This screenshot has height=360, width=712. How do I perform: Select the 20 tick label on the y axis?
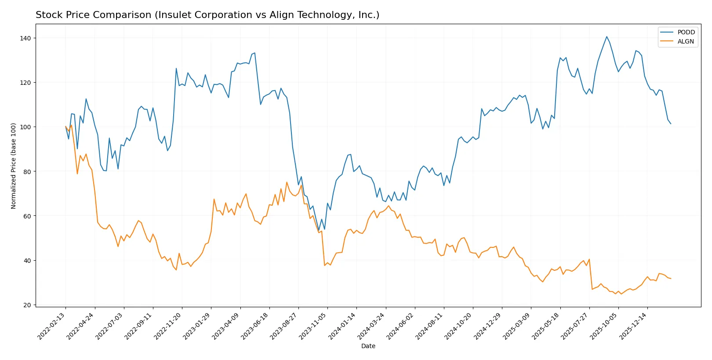pyautogui.click(x=27, y=305)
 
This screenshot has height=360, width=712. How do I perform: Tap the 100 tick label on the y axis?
pyautogui.click(x=25, y=127)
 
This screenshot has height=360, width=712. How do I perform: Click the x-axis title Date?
pyautogui.click(x=368, y=346)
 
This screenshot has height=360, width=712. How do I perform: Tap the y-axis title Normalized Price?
pyautogui.click(x=13, y=166)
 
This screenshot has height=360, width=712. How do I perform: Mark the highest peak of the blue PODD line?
pyautogui.click(x=607, y=36)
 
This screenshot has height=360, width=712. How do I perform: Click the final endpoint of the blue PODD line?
pyautogui.click(x=671, y=124)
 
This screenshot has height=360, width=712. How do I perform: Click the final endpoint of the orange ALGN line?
pyautogui.click(x=671, y=279)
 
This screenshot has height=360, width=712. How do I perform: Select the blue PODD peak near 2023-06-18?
pyautogui.click(x=254, y=53)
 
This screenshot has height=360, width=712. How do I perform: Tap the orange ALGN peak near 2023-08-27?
pyautogui.click(x=287, y=182)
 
